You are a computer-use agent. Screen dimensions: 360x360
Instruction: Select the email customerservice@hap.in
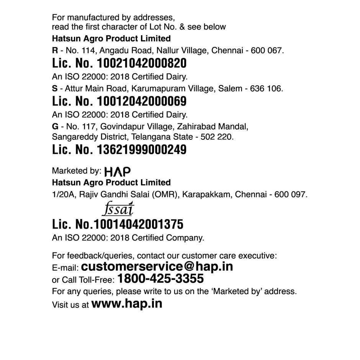[157, 266]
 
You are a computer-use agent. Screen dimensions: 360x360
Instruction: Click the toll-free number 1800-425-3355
[160, 278]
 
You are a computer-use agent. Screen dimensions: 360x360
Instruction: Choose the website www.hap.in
[127, 304]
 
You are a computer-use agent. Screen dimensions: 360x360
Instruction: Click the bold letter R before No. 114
[55, 50]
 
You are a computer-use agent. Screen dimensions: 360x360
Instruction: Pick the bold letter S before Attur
[55, 88]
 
